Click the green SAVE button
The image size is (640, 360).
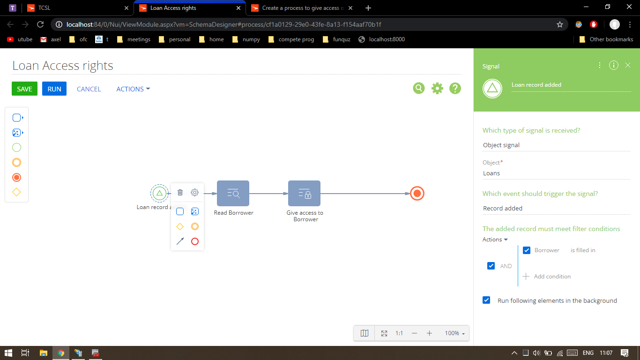pyautogui.click(x=24, y=89)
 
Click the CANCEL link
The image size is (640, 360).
pyautogui.click(x=89, y=89)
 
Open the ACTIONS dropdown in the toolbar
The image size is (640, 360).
pyautogui.click(x=133, y=89)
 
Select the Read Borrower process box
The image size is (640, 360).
pyautogui.click(x=233, y=193)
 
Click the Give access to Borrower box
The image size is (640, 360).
pyautogui.click(x=304, y=193)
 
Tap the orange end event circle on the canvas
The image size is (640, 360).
pyautogui.click(x=417, y=194)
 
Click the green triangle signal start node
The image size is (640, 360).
pyautogui.click(x=159, y=193)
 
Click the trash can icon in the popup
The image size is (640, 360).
pyautogui.click(x=180, y=193)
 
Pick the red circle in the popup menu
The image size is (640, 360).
pyautogui.click(x=195, y=241)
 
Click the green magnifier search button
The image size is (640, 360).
pyautogui.click(x=419, y=88)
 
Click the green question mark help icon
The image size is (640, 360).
pyautogui.click(x=455, y=88)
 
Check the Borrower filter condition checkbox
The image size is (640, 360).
pyautogui.click(x=527, y=250)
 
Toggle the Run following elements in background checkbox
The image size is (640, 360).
pyautogui.click(x=486, y=300)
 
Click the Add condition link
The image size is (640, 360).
pyautogui.click(x=547, y=277)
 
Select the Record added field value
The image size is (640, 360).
pyautogui.click(x=503, y=209)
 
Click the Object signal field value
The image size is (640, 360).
pyautogui.click(x=501, y=145)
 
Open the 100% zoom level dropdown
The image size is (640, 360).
pyautogui.click(x=454, y=333)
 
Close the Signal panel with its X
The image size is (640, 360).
pyautogui.click(x=628, y=66)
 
